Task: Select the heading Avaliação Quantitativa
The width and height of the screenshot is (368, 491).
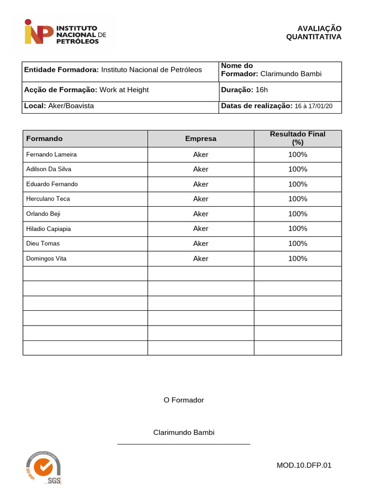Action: point(314,33)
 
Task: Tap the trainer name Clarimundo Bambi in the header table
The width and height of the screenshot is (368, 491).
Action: point(291,74)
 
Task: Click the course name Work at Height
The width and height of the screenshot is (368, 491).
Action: point(124,90)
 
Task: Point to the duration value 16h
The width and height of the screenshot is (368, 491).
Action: point(262,90)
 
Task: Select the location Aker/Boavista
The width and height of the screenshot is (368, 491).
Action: point(71,106)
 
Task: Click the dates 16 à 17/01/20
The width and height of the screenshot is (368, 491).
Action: point(313,106)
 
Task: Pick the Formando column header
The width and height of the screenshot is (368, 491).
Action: point(45,139)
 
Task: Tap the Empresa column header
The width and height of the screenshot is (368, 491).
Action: point(201,139)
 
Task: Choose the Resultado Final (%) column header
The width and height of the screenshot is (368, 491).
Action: point(298,138)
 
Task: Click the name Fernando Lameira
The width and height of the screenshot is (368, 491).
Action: point(51,154)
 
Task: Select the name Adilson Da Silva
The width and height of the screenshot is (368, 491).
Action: point(49,169)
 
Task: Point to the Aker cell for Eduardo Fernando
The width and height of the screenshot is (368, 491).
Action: point(201,184)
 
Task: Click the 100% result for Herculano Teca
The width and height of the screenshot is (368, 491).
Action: point(298,199)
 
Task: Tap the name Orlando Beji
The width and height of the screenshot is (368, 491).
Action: point(43,214)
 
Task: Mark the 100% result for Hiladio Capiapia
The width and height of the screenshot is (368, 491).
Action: point(298,229)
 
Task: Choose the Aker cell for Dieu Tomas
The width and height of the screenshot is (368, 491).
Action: point(201,244)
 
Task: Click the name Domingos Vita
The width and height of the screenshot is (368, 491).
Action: point(46,258)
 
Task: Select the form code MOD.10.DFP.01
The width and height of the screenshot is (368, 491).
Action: point(304,465)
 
